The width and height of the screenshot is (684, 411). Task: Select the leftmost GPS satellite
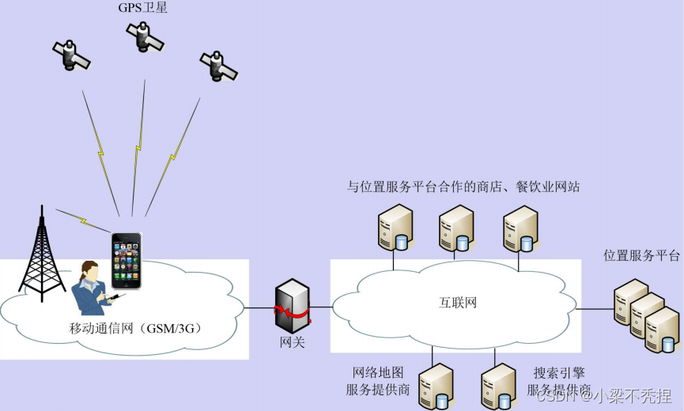(x=71, y=54)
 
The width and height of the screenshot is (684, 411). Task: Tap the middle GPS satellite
(x=143, y=35)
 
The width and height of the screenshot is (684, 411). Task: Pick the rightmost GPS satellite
(x=217, y=64)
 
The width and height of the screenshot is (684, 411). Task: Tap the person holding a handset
(x=93, y=289)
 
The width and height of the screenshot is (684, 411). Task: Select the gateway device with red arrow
(x=290, y=307)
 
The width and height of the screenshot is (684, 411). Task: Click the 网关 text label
(x=291, y=342)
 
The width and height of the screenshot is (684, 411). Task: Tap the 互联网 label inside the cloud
(x=458, y=303)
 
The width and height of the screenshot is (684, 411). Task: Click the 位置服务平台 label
(x=641, y=256)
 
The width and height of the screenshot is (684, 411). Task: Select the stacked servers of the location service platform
(x=648, y=316)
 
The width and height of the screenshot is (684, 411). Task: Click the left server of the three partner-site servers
(x=393, y=227)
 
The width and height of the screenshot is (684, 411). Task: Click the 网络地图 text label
(x=377, y=372)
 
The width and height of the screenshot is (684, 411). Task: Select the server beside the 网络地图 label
(x=436, y=386)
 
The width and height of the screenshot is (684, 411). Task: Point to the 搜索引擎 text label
(x=559, y=372)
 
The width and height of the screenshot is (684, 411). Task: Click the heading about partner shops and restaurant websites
(x=464, y=187)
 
